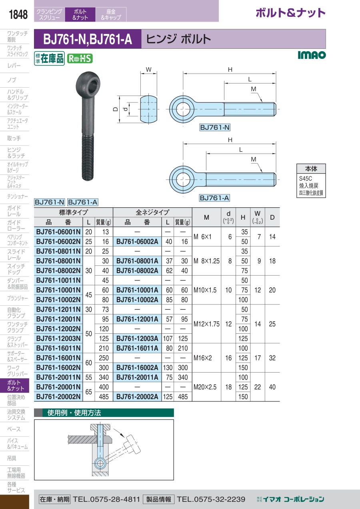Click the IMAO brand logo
click(x=312, y=55)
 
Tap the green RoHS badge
click(x=80, y=59)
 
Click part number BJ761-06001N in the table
click(x=58, y=232)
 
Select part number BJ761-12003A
click(x=137, y=339)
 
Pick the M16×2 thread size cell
click(x=202, y=358)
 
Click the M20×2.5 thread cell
click(x=205, y=387)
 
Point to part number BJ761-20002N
click(x=58, y=397)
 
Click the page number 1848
click(x=18, y=14)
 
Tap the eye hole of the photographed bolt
click(x=93, y=84)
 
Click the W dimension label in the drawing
click(x=148, y=70)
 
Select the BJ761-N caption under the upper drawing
click(x=215, y=128)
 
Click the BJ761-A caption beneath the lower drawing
click(x=214, y=198)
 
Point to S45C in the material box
click(x=306, y=178)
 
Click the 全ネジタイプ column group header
click(x=152, y=212)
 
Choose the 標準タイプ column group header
click(x=73, y=212)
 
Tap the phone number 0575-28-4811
click(x=115, y=499)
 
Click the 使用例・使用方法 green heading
click(x=74, y=413)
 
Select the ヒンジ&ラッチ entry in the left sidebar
click(x=16, y=153)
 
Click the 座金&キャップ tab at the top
click(x=111, y=14)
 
